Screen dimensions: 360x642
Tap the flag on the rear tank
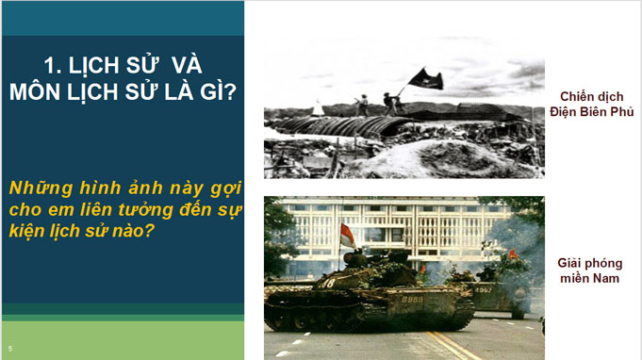pyautogui.click(x=513, y=254)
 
